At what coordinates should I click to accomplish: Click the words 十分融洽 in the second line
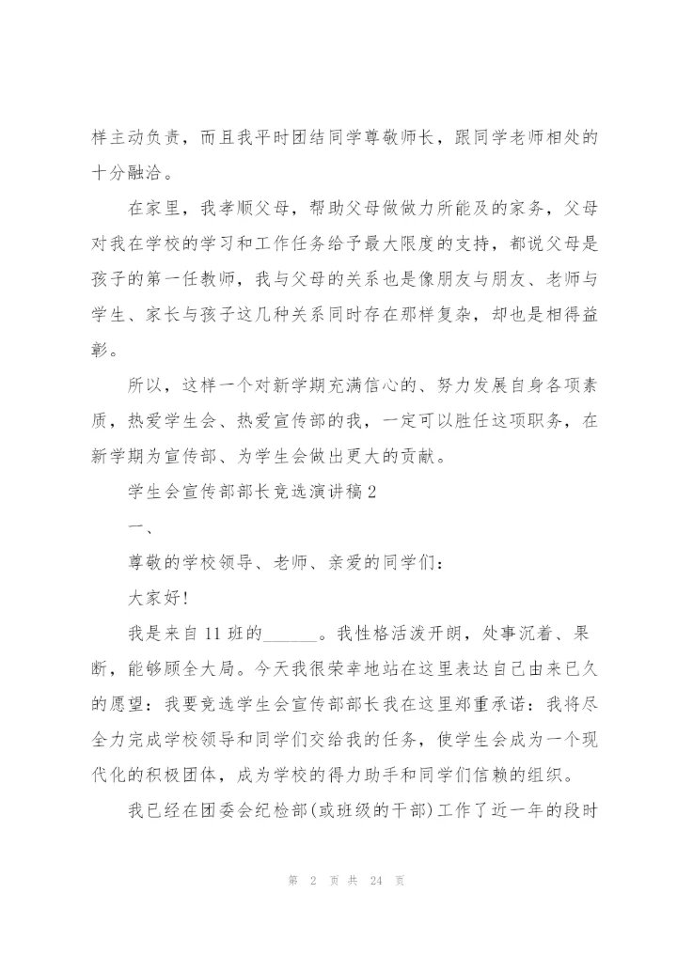pos(126,173)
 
